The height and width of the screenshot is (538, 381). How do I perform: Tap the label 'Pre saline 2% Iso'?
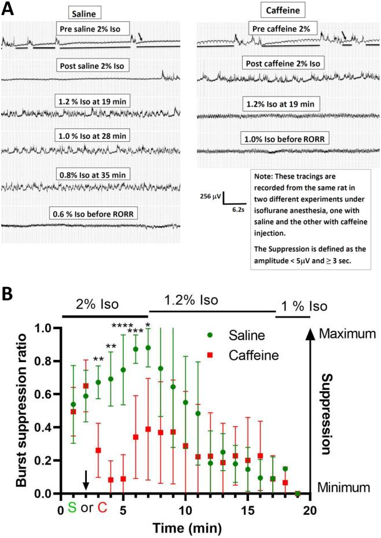pyautogui.click(x=93, y=28)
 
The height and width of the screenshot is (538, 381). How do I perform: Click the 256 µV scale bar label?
pyautogui.click(x=209, y=196)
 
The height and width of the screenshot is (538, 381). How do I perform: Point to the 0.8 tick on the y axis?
pyautogui.click(x=49, y=362)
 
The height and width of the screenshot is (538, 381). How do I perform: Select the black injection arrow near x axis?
pyautogui.click(x=86, y=480)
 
